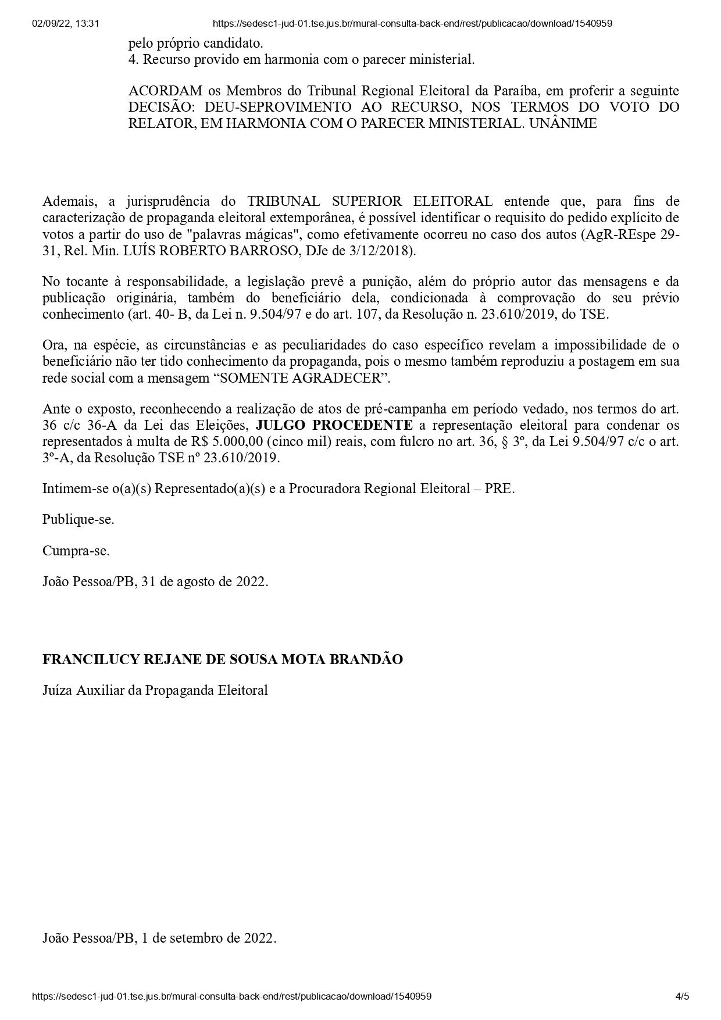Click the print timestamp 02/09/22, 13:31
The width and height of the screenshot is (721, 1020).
(x=66, y=24)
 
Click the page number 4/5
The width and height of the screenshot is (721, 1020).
(x=682, y=996)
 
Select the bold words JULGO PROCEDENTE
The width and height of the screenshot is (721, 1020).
(x=334, y=425)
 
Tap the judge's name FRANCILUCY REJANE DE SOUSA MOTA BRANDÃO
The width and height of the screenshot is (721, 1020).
(x=223, y=659)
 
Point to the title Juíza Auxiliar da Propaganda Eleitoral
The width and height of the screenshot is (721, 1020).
(x=155, y=690)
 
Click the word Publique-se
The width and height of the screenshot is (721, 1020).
(x=78, y=519)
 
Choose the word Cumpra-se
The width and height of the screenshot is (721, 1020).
(x=76, y=550)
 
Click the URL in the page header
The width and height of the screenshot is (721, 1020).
(x=412, y=24)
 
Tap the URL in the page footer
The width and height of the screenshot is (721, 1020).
(x=232, y=996)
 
